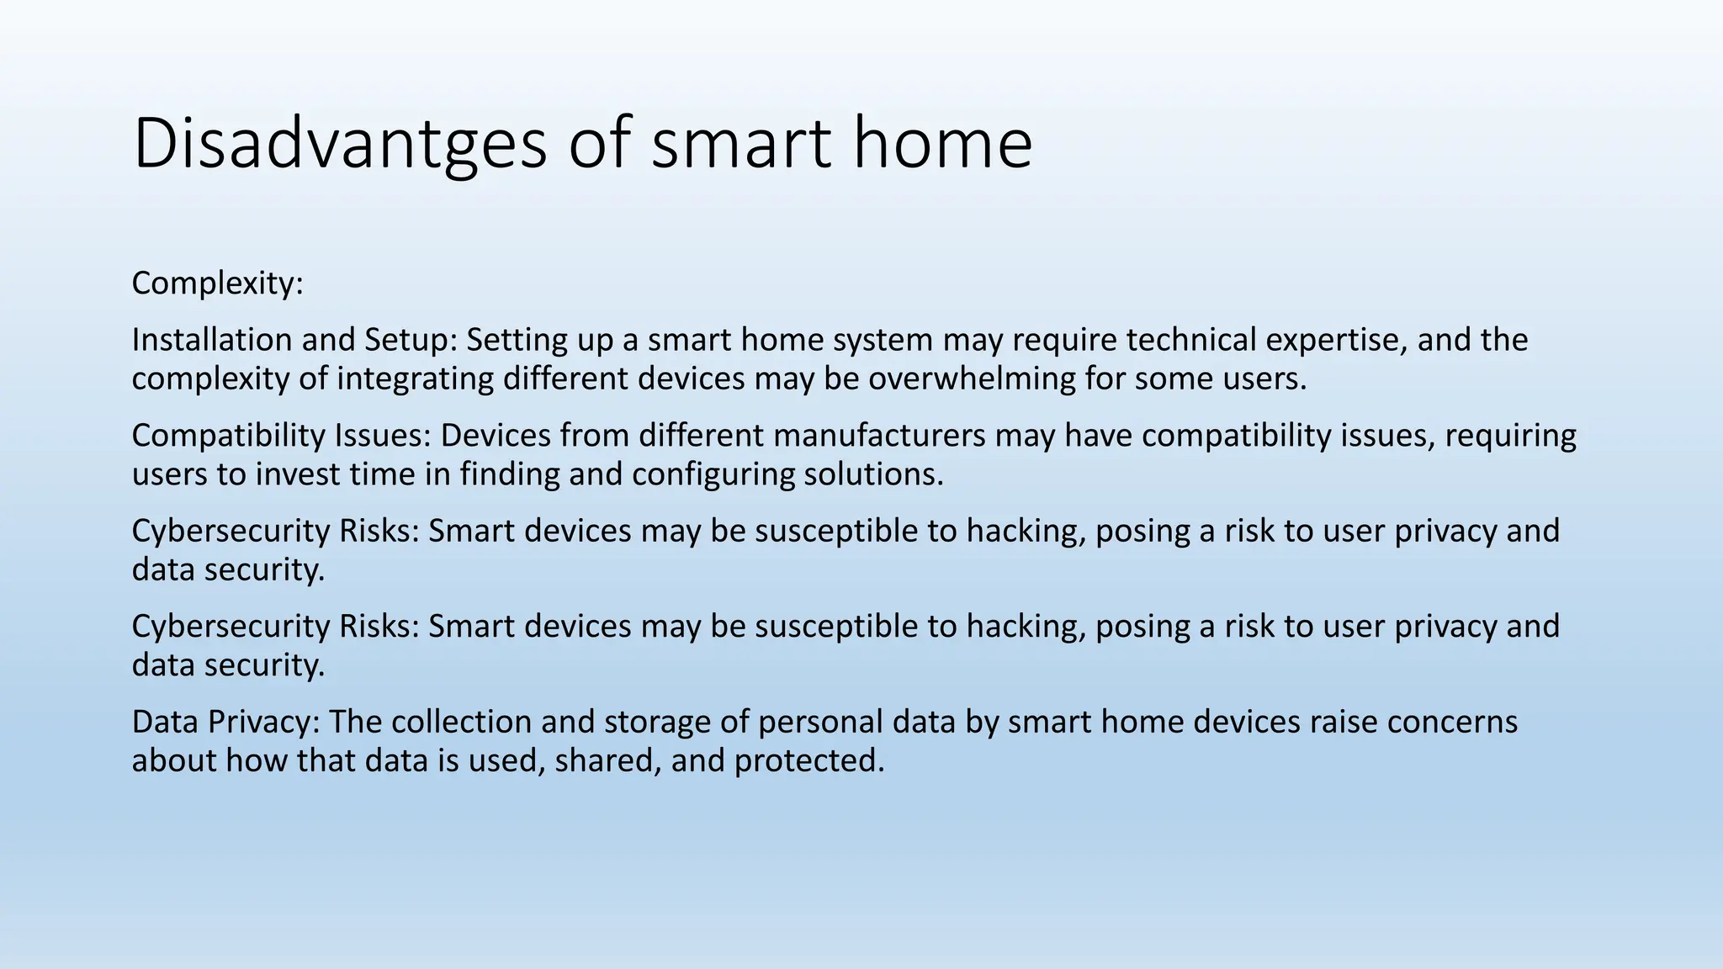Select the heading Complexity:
coord(217,283)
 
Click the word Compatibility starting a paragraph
coord(228,436)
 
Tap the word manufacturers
coord(879,436)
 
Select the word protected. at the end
coord(809,760)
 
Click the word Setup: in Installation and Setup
coord(411,340)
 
